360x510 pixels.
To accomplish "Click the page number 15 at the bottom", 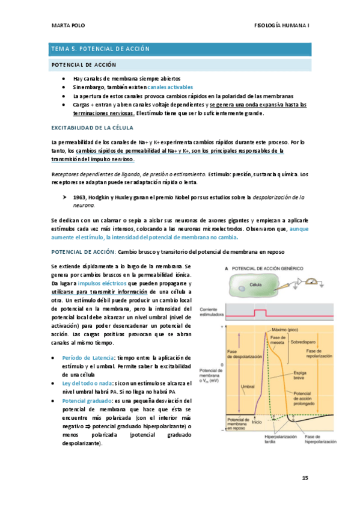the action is coord(305,478).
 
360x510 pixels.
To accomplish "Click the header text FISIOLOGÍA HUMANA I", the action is coord(282,26).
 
